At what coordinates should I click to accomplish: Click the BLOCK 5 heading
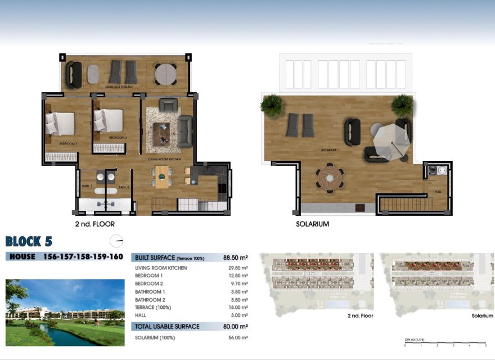point(29,242)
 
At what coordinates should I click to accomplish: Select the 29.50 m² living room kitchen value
point(238,268)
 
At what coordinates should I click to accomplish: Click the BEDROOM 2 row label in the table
point(149,283)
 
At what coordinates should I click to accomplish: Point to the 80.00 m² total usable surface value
point(236,326)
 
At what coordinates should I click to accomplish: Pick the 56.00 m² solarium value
point(238,337)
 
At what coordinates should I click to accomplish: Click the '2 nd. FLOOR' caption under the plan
point(94,224)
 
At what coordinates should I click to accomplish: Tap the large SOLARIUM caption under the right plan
point(312,224)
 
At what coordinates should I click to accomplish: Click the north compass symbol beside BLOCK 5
point(117,241)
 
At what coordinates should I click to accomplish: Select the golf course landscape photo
point(65,312)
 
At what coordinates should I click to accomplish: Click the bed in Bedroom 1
point(60,123)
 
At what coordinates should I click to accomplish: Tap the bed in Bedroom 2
point(109,120)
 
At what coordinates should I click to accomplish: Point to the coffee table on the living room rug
point(163,133)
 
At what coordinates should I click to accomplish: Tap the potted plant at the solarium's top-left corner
point(272,105)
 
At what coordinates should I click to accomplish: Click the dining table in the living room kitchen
point(163,176)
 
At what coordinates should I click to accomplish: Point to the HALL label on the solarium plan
point(438,192)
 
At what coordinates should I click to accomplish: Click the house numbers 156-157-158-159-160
point(83,257)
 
